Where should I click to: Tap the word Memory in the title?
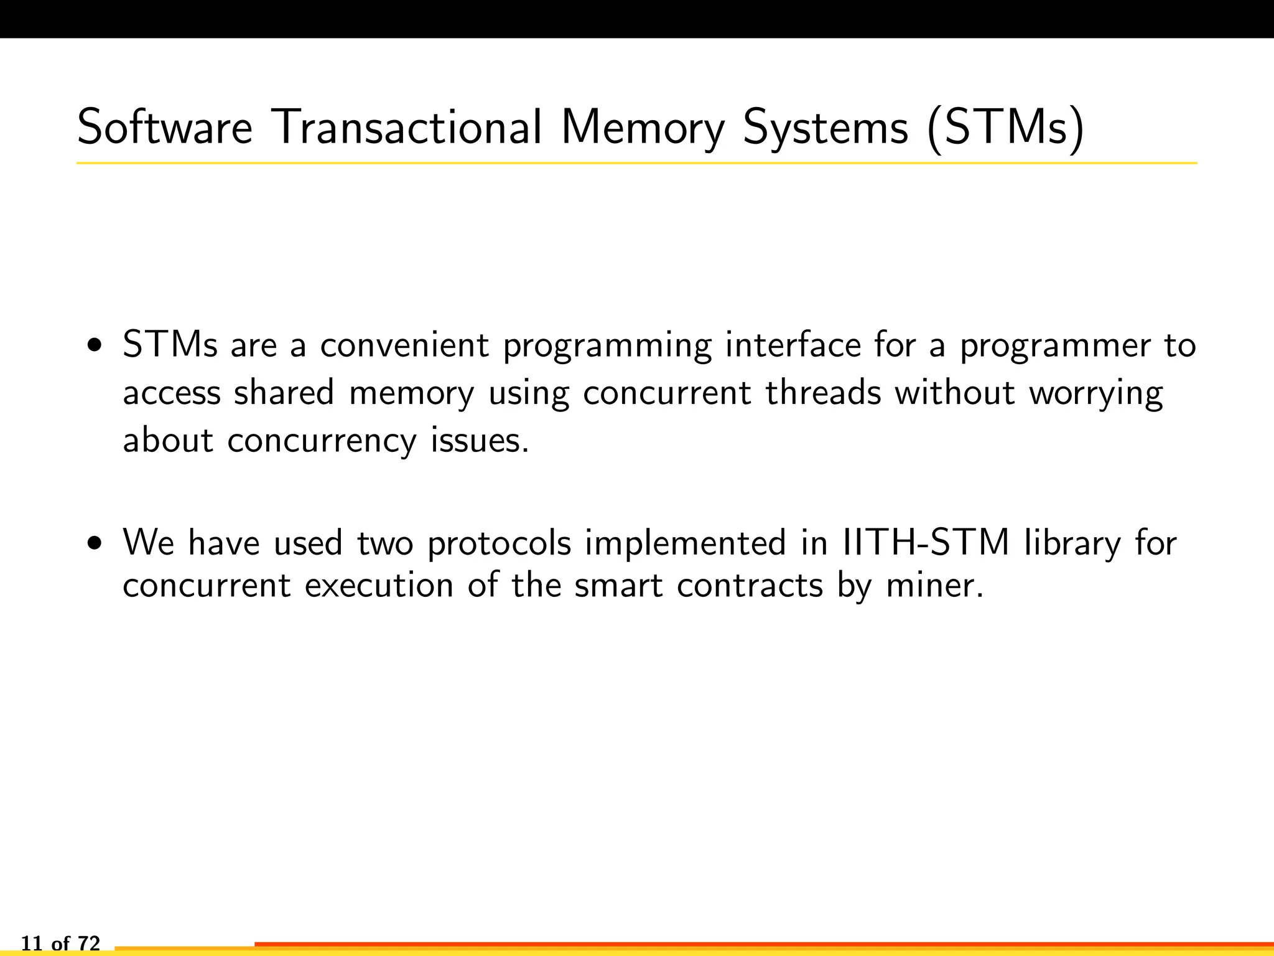coord(643,128)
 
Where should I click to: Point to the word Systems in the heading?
coord(825,128)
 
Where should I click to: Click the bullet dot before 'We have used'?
coord(95,543)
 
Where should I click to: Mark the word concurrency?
coord(322,442)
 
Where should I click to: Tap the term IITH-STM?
coord(926,542)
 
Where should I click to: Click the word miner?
coord(935,585)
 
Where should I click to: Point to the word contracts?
coord(750,586)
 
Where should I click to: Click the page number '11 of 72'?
coord(60,944)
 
